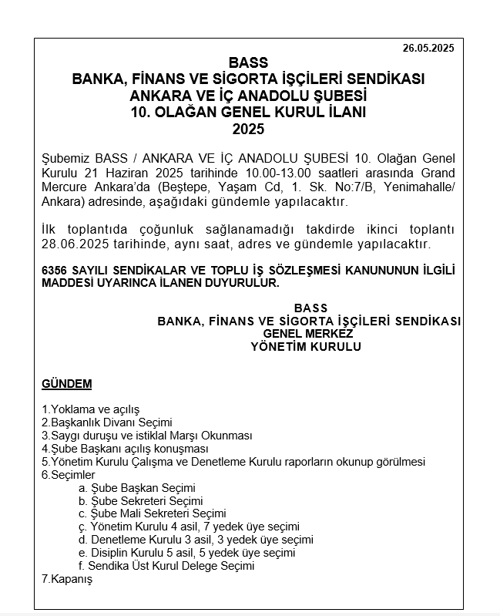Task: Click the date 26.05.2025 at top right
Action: pyautogui.click(x=428, y=48)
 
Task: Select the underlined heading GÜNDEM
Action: pyautogui.click(x=67, y=384)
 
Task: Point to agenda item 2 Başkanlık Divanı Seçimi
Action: pyautogui.click(x=107, y=422)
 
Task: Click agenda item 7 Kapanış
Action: pyautogui.click(x=67, y=578)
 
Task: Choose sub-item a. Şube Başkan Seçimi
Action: pyautogui.click(x=137, y=488)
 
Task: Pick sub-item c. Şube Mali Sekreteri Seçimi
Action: pyautogui.click(x=152, y=513)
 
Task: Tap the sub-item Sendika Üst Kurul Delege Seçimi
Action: pyautogui.click(x=171, y=565)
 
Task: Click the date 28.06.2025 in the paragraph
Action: pyautogui.click(x=75, y=244)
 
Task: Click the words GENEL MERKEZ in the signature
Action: pyautogui.click(x=308, y=333)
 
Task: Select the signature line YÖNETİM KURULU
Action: pyautogui.click(x=306, y=347)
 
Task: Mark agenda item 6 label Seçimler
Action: pyautogui.click(x=69, y=475)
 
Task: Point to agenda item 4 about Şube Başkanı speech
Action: pyautogui.click(x=126, y=449)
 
